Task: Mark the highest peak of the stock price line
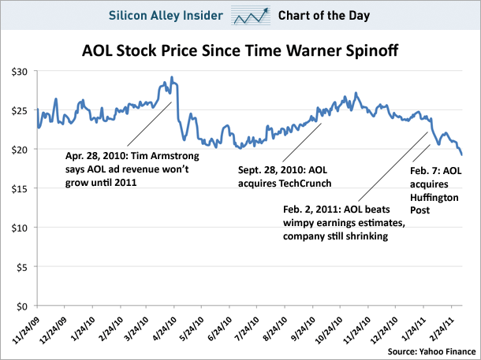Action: coord(172,77)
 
